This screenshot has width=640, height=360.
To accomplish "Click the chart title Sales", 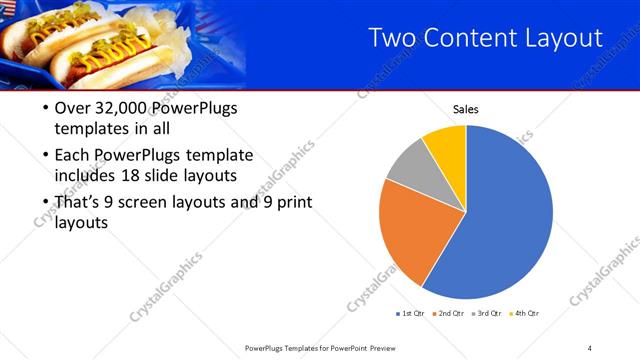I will [466, 108].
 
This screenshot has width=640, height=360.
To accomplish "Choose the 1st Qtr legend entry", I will [412, 314].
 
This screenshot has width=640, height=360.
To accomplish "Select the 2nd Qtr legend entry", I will [450, 314].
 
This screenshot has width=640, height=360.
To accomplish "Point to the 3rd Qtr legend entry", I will [489, 314].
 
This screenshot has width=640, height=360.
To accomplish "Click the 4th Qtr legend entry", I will [527, 314].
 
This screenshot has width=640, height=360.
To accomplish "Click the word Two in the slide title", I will [392, 39].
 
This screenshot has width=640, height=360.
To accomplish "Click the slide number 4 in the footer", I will [590, 348].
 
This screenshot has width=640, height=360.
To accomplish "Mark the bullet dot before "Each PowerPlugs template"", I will [43, 156].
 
